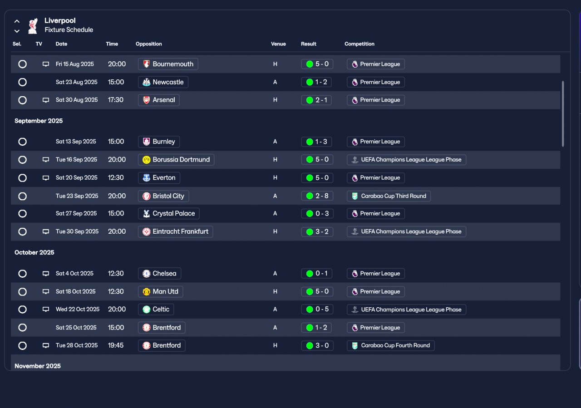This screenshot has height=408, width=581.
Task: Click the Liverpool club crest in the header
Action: click(x=33, y=26)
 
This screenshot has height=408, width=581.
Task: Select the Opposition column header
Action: click(x=148, y=44)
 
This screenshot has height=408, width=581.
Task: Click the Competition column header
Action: click(x=359, y=44)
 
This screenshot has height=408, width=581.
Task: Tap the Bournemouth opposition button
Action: click(x=168, y=64)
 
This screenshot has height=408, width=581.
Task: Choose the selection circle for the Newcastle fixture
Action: click(x=23, y=82)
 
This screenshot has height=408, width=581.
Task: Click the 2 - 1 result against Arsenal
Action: click(x=316, y=100)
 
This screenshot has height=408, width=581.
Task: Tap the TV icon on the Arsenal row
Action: click(x=46, y=100)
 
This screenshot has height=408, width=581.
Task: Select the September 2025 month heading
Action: click(x=39, y=121)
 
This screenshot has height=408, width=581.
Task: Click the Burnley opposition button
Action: click(x=159, y=142)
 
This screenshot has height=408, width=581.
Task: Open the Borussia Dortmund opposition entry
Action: click(x=176, y=159)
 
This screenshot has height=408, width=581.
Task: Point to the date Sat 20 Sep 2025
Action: click(x=77, y=177)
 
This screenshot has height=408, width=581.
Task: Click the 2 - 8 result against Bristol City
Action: click(x=317, y=196)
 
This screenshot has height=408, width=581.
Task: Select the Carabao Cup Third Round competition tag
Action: click(x=389, y=196)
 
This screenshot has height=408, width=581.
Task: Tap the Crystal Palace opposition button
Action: click(x=168, y=213)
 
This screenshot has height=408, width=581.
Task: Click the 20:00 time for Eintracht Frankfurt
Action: click(x=117, y=231)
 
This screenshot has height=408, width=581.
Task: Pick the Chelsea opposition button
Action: click(x=159, y=273)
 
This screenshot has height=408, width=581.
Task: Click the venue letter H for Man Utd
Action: click(x=275, y=291)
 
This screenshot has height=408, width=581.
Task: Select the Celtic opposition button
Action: click(x=156, y=310)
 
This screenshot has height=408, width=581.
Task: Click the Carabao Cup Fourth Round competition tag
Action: click(x=391, y=345)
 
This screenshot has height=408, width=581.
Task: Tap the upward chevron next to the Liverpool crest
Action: click(x=17, y=21)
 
